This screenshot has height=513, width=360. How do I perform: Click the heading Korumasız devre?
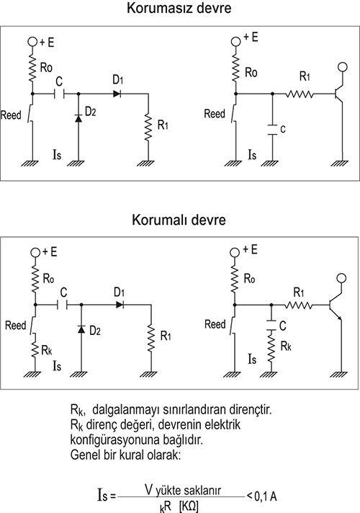pos(179,8)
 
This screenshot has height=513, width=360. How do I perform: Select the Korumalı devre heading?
pos(179,220)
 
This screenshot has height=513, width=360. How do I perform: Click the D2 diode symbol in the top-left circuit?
pos(78,117)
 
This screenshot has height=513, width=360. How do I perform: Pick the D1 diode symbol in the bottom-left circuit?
pos(120,305)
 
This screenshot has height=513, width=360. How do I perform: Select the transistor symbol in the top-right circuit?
pos(338,94)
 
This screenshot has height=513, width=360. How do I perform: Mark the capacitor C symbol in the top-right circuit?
pos(272,129)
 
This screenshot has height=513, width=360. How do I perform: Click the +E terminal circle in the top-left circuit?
pos(32,42)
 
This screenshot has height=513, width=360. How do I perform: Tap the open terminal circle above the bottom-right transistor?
pos(341,278)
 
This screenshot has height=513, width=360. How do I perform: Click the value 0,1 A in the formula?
pos(266,496)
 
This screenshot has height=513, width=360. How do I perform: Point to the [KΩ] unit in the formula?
pos(189,507)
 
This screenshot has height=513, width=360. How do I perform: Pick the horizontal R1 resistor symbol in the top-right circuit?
pos(300,94)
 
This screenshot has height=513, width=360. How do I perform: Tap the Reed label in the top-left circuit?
pos(11,115)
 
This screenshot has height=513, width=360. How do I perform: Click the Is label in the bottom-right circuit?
pos(252,360)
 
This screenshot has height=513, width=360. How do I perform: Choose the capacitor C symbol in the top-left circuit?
pos(59,94)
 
